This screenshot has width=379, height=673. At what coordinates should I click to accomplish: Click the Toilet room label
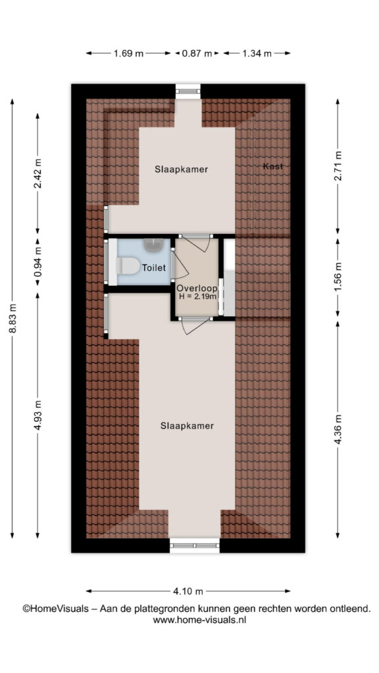coord(154,268)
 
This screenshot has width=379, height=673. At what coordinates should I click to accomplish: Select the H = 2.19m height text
coord(197,296)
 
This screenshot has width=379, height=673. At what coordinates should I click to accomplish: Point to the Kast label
coord(273,166)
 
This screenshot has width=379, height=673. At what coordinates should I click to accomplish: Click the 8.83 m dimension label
coord(12,318)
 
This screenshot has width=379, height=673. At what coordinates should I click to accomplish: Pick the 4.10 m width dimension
coord(188,592)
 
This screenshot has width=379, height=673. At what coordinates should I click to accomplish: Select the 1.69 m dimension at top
coord(128,54)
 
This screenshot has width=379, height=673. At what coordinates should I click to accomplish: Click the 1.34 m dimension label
coord(257,54)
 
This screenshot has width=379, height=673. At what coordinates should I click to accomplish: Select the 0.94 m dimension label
coord(38,262)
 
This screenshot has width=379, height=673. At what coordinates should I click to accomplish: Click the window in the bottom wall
coord(195,545)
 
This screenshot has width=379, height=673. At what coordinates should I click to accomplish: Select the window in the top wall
coord(188,91)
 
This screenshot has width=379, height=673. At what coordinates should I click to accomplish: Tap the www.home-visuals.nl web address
coord(199,620)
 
